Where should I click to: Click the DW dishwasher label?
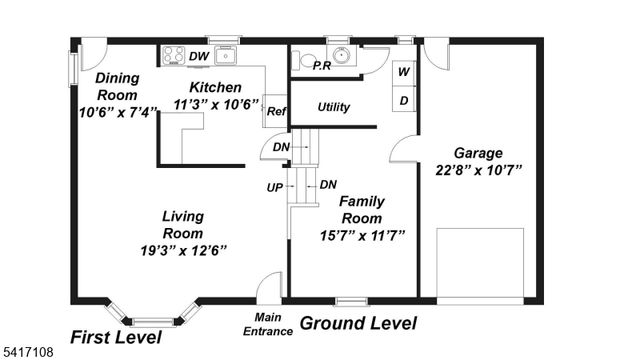click(199, 56)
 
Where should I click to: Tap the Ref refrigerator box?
click(276, 112)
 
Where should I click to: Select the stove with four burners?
click(172, 56)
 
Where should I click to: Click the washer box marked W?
click(405, 72)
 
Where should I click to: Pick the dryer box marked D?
click(405, 100)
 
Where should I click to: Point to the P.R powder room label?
click(322, 66)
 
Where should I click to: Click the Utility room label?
click(334, 107)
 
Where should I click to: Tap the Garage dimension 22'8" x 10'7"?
click(478, 171)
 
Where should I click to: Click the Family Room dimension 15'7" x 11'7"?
click(361, 235)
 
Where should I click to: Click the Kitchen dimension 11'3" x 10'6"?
click(216, 104)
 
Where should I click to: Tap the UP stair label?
click(273, 188)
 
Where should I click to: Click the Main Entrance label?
click(268, 325)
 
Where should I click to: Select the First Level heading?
click(115, 336)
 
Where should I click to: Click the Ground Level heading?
click(358, 323)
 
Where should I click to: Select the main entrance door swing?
click(268, 287)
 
